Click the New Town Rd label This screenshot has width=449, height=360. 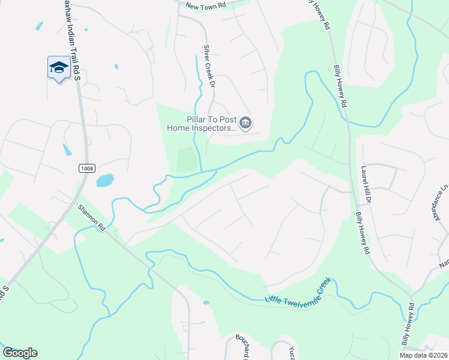click(205, 5)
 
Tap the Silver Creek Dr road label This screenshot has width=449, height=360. click(209, 66)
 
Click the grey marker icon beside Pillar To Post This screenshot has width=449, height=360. click(246, 124)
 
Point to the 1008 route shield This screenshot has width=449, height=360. click(86, 169)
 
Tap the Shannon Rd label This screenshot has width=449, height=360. click(91, 217)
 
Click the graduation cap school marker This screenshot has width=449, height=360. click(59, 68)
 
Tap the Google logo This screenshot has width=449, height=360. click(20, 353)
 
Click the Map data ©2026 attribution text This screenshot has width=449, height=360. click(424, 355)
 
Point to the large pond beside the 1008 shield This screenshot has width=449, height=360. click(104, 180)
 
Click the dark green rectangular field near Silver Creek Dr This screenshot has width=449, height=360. click(187, 160)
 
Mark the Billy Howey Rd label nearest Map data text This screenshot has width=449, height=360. click(408, 324)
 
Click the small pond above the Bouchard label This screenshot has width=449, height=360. click(206, 302)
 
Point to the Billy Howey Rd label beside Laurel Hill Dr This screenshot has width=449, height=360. click(361, 234)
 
